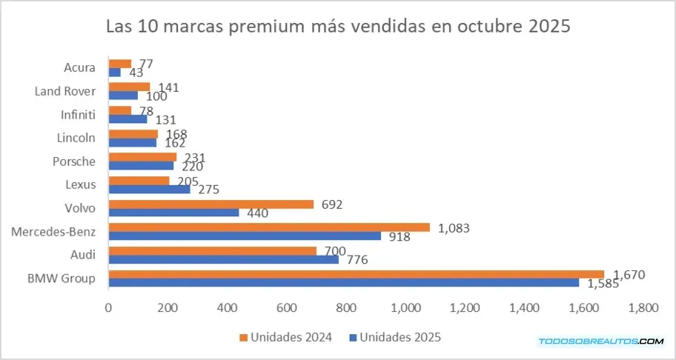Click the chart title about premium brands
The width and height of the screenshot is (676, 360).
point(338,27)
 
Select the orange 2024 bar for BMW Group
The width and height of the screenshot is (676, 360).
point(356,274)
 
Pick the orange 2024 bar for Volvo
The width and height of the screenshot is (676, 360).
point(211,204)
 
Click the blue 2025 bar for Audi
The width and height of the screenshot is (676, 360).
point(223,259)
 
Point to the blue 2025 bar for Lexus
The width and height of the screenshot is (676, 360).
point(149,189)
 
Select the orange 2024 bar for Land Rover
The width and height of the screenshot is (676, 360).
point(129,87)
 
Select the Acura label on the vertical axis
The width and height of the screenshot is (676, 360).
point(80,68)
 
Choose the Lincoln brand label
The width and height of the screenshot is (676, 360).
point(76,138)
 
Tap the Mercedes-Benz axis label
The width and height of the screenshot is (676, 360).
point(53,232)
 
